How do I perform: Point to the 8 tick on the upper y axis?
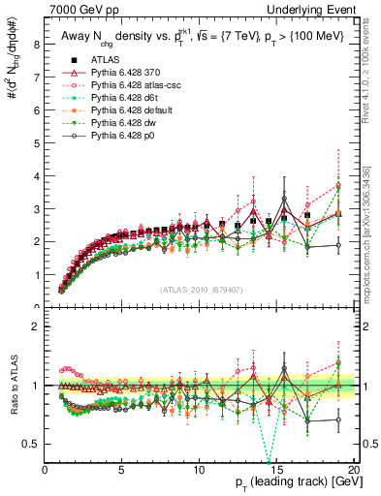click(36, 44)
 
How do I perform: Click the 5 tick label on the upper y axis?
click(36, 142)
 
